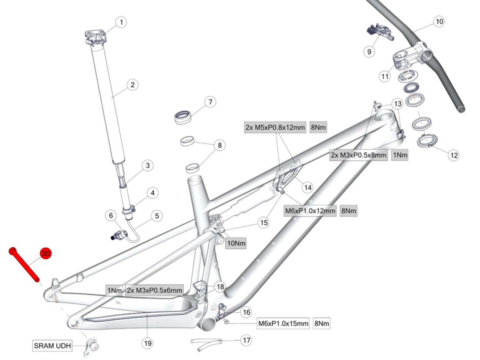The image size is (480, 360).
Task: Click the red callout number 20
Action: pyautogui.click(x=45, y=253)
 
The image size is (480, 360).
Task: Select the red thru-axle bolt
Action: pyautogui.click(x=24, y=265)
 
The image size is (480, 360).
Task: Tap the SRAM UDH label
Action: pyautogui.click(x=52, y=346)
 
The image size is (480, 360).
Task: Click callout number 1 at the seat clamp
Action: pyautogui.click(x=121, y=22)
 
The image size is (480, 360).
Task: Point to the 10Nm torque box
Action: pyautogui.click(x=236, y=243)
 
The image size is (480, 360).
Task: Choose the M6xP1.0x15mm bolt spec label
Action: pyautogui.click(x=283, y=324)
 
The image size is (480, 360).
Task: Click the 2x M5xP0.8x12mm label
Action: pyautogui.click(x=275, y=127)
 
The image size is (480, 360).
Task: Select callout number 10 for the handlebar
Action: pyautogui.click(x=439, y=21)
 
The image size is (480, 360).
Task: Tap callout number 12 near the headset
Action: pyautogui.click(x=454, y=156)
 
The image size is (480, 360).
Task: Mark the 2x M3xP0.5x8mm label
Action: pyautogui.click(x=358, y=155)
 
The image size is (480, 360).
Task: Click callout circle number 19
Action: pyautogui.click(x=148, y=343)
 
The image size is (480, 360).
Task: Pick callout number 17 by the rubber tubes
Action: pyautogui.click(x=246, y=340)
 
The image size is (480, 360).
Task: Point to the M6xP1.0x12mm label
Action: pyautogui.click(x=310, y=211)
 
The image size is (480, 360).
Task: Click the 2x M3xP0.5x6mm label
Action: pyautogui.click(x=154, y=291)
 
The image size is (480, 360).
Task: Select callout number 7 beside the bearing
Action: pyautogui.click(x=210, y=102)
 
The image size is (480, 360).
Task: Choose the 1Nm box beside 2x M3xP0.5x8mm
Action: pyautogui.click(x=400, y=155)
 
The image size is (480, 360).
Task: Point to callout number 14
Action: pyautogui.click(x=308, y=188)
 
